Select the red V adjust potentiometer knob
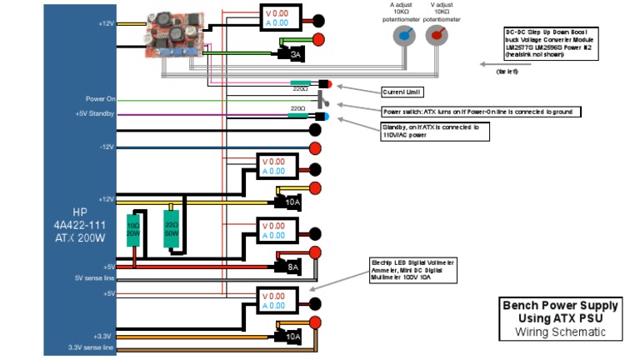(436, 36)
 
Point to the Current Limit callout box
(404, 90)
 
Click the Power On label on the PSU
(99, 98)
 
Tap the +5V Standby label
(92, 114)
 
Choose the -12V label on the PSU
(103, 147)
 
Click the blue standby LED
(322, 116)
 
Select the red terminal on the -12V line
(316, 148)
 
